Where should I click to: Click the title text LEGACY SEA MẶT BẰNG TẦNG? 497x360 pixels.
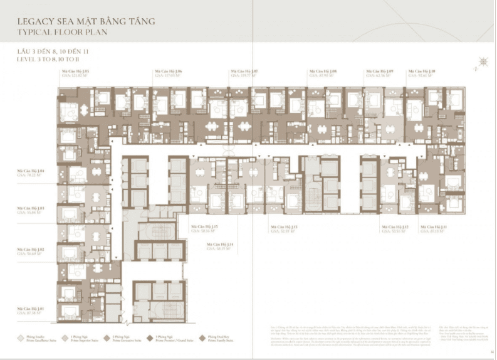click(x=86, y=21)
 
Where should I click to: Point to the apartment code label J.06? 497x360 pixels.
click(x=169, y=72)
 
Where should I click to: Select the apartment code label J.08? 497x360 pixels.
click(x=323, y=72)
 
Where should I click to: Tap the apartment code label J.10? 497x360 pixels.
click(x=421, y=72)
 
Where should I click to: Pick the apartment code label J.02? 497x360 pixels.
click(x=31, y=249)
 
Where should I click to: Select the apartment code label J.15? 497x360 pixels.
click(x=204, y=226)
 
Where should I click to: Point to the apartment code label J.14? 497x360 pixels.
click(x=221, y=244)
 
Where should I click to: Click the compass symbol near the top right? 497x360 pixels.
click(x=483, y=61)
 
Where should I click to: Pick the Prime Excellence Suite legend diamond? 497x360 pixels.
click(x=22, y=337)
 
